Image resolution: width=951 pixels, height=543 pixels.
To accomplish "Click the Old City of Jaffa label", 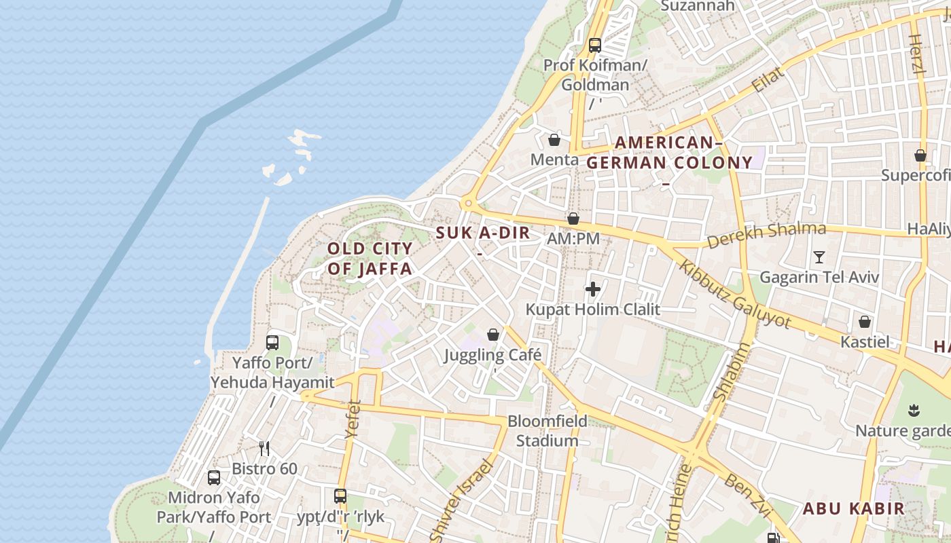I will [370, 258].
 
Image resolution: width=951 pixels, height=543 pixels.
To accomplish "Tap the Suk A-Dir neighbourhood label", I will [482, 233].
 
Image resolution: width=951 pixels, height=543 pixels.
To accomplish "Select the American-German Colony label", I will [669, 153].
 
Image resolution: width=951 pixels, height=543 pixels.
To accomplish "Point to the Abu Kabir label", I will [853, 508].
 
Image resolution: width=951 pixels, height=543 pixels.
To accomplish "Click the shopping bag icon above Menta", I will [554, 141].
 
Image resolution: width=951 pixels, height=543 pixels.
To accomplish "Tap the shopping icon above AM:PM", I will [573, 219].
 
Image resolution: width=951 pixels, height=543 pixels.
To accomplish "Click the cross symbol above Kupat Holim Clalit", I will [593, 290].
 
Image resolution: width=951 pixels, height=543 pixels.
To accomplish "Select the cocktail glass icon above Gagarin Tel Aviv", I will [819, 257].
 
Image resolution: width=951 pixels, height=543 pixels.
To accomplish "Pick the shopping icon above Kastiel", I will [865, 322].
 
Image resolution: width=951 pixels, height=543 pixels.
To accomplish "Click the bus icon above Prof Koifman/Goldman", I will [595, 45].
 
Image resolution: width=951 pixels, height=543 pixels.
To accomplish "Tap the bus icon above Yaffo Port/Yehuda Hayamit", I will [272, 343].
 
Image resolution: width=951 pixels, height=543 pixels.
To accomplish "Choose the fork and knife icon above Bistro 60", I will [264, 448].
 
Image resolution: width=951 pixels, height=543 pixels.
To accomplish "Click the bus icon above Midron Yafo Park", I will [214, 478].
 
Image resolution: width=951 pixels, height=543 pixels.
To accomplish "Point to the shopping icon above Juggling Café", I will [493, 335].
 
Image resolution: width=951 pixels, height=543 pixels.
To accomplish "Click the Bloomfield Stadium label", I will [547, 430].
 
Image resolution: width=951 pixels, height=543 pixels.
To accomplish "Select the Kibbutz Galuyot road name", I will [736, 295].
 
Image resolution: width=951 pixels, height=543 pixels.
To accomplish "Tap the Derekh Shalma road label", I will [766, 235].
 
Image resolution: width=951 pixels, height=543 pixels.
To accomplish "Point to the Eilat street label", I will [768, 79].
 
